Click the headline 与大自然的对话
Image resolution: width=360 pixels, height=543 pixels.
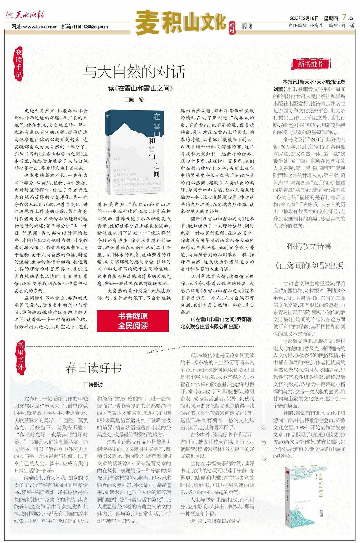pyautogui.click(x=134, y=72)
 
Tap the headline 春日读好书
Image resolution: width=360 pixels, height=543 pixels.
pyautogui.click(x=93, y=368)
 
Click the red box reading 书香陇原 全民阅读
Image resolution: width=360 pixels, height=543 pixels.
pyautogui.click(x=133, y=321)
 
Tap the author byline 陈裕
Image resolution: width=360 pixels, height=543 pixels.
pyautogui.click(x=134, y=100)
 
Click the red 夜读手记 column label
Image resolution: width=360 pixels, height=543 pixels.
pyautogui.click(x=19, y=63)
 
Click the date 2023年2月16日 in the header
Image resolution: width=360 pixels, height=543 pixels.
pyautogui.click(x=304, y=18)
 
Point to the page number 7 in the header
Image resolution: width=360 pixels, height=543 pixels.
pyautogui.click(x=344, y=17)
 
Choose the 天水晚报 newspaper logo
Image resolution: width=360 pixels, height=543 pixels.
pyautogui.click(x=25, y=15)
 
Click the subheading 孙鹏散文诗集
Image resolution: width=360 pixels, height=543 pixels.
pyautogui.click(x=309, y=246)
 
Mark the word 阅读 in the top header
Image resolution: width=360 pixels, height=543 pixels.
pyautogui.click(x=247, y=26)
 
